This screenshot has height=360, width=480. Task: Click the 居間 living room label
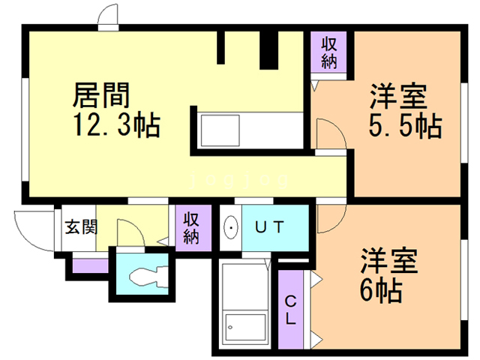(101, 95)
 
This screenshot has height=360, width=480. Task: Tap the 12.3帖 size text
(116, 124)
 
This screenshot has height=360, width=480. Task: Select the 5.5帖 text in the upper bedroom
(405, 125)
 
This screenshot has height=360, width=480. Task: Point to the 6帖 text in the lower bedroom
(381, 290)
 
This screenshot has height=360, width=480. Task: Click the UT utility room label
(270, 227)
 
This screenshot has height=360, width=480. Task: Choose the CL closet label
(290, 310)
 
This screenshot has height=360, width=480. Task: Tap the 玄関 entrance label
(81, 226)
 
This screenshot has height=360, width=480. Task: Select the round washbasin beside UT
(231, 227)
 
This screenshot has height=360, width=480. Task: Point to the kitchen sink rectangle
(220, 130)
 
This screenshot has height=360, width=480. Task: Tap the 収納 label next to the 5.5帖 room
(329, 53)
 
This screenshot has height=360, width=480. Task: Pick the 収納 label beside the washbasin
(191, 228)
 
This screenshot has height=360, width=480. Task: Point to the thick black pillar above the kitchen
(268, 50)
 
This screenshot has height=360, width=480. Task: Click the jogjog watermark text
(239, 181)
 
